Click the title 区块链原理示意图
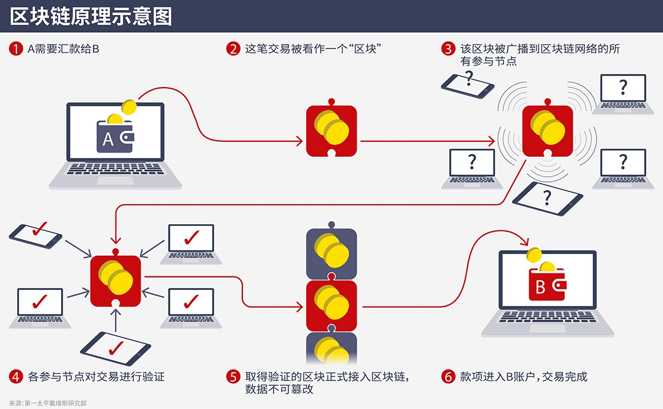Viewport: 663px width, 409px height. click(x=91, y=17)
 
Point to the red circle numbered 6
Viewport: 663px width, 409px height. click(x=449, y=376)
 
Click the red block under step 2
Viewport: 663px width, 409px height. click(x=331, y=131)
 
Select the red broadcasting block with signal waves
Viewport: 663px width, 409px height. click(x=547, y=131)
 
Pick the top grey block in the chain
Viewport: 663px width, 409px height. click(x=331, y=252)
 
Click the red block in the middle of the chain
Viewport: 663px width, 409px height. click(x=331, y=306)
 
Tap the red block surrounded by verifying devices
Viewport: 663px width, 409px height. click(x=115, y=281)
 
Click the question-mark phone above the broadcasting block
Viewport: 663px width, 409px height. click(x=467, y=84)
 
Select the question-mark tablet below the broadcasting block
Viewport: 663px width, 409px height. click(x=547, y=198)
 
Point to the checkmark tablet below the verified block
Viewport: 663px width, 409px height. click(x=115, y=348)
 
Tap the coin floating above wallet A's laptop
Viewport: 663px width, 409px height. click(x=129, y=107)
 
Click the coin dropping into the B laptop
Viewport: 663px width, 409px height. click(x=535, y=255)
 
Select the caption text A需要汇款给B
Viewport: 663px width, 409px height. click(x=63, y=49)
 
